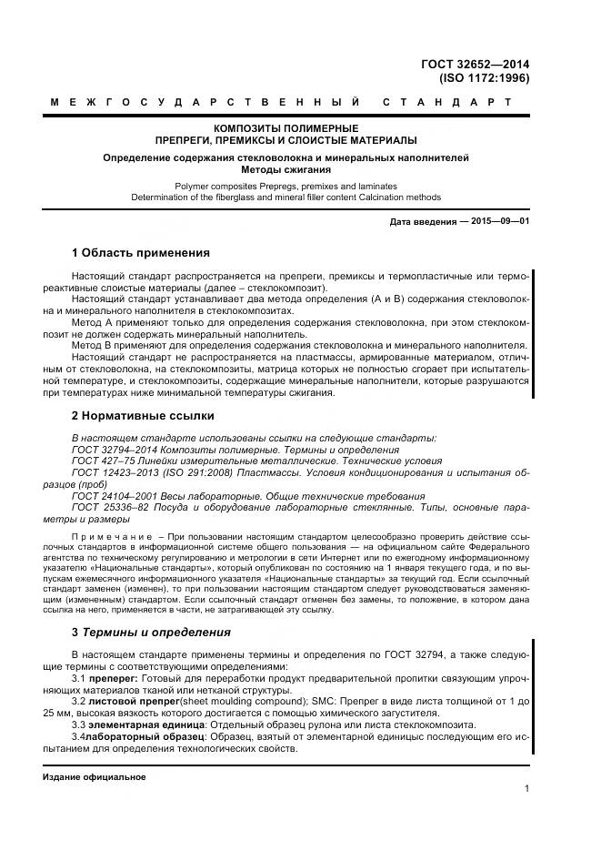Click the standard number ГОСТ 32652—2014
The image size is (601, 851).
[476, 64]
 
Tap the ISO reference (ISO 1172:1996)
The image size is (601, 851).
[484, 78]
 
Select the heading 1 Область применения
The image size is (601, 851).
[140, 252]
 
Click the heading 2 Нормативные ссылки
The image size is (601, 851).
[143, 415]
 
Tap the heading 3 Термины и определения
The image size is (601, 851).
[151, 632]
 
